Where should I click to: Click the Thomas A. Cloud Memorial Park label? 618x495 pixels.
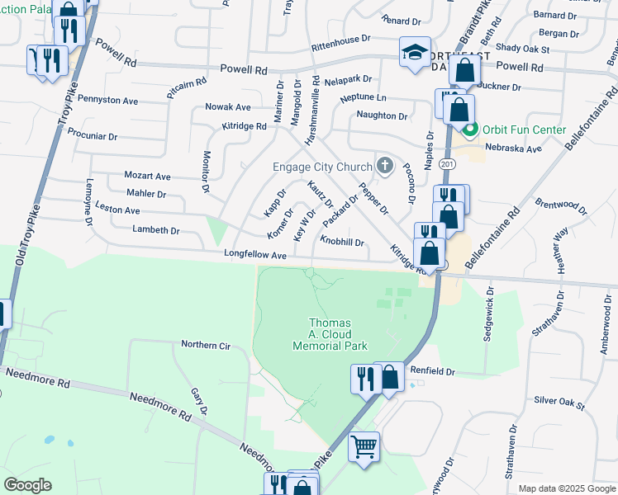[x=330, y=334]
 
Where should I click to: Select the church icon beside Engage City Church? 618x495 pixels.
[x=383, y=166]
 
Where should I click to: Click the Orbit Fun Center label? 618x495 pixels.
[x=525, y=130]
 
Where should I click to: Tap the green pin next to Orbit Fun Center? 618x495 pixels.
[x=471, y=130]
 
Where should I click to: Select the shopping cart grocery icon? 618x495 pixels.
[x=364, y=446]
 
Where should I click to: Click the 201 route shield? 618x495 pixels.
[x=447, y=165]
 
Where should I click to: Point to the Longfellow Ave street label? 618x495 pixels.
[x=254, y=256]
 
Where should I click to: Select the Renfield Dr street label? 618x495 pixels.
[x=433, y=372]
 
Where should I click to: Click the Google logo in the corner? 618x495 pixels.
[x=27, y=484]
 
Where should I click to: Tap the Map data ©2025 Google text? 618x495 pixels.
[x=566, y=488]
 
